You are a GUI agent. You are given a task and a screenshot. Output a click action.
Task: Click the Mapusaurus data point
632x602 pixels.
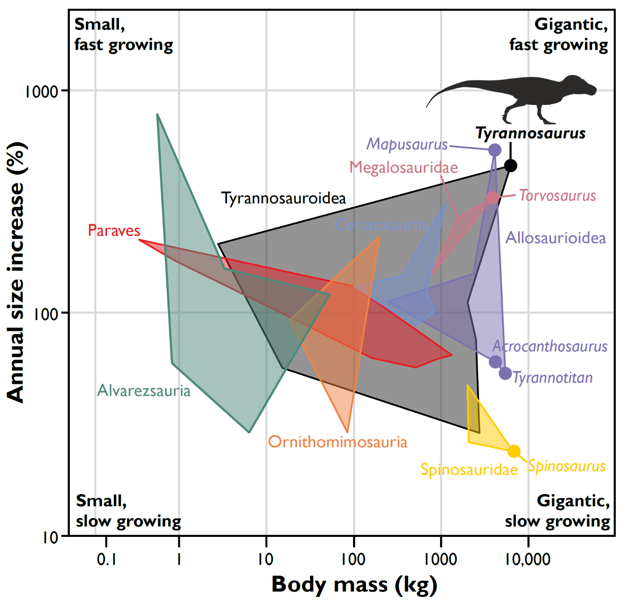click(494, 150)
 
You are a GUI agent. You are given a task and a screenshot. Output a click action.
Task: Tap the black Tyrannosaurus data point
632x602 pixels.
click(510, 165)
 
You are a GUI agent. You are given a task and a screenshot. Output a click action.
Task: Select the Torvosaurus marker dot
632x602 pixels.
click(492, 198)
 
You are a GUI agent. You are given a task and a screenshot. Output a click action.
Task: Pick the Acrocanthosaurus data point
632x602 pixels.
click(495, 362)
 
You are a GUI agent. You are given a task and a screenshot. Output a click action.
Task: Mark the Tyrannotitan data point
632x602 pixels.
click(506, 373)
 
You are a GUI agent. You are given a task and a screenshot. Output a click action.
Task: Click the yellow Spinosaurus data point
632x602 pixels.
click(514, 451)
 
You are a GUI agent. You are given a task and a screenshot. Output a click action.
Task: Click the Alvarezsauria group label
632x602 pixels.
click(144, 391)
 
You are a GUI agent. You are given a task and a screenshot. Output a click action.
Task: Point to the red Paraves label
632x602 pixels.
click(114, 231)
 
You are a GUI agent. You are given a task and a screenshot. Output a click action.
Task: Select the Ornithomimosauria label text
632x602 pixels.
click(338, 442)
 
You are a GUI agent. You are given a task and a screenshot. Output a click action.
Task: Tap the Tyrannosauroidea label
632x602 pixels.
click(283, 198)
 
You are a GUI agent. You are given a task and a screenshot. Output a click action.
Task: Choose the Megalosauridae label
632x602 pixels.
click(403, 168)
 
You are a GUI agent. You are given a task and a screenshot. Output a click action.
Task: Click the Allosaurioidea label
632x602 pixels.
click(556, 238)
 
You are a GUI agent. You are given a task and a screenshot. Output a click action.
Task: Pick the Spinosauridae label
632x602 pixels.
click(469, 470)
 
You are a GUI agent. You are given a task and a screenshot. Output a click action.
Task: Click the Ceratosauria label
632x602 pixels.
click(380, 225)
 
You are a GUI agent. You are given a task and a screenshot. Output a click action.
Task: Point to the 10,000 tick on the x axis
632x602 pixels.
click(528, 559)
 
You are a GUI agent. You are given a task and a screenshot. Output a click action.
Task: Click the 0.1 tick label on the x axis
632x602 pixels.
click(106, 559)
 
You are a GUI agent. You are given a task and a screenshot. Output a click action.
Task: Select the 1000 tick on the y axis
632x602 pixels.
click(41, 91)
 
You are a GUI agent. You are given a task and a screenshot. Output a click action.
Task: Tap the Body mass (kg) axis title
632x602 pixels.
click(354, 585)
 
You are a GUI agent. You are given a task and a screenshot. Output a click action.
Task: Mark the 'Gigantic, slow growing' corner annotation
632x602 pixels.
click(557, 511)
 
